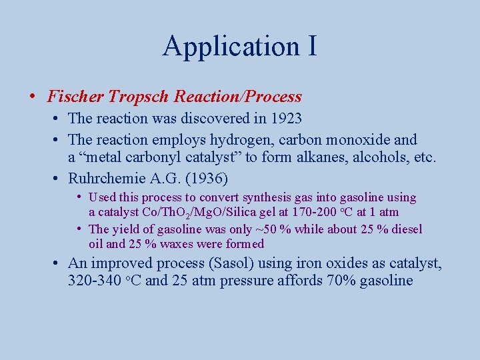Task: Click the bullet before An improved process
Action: (x=58, y=263)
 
